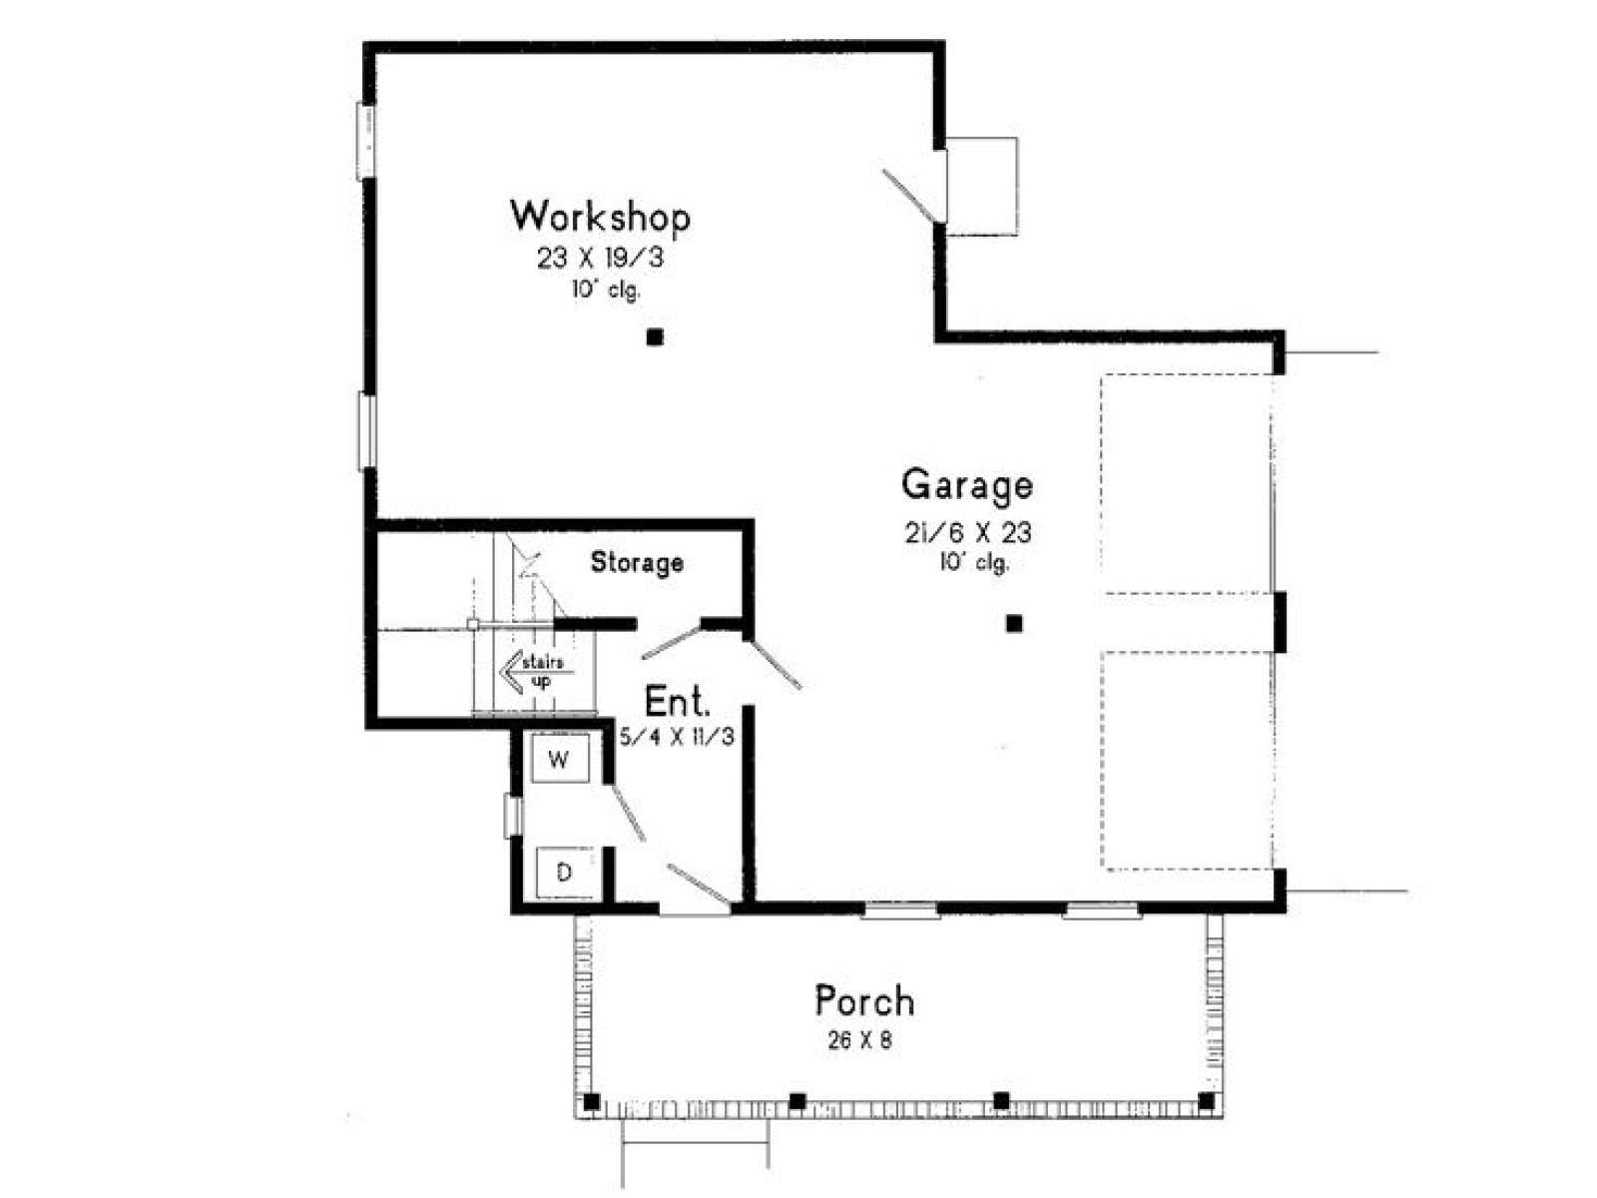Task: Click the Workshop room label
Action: pyautogui.click(x=600, y=217)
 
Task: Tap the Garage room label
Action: pyautogui.click(x=967, y=485)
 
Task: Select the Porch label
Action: pyautogui.click(x=864, y=1001)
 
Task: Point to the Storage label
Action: pyautogui.click(x=637, y=561)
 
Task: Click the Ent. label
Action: pyautogui.click(x=677, y=702)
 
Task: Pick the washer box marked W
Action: pyautogui.click(x=560, y=759)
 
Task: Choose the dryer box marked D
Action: pyautogui.click(x=564, y=873)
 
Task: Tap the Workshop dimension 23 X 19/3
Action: pyautogui.click(x=600, y=258)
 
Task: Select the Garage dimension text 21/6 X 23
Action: pyautogui.click(x=967, y=533)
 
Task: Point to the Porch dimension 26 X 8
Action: pyautogui.click(x=859, y=1041)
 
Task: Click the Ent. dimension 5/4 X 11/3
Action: pyautogui.click(x=677, y=737)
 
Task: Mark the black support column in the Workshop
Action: pyautogui.click(x=655, y=336)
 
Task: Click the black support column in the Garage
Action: pyautogui.click(x=1013, y=623)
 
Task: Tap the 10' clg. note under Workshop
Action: pyautogui.click(x=605, y=290)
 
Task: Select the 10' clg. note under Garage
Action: pyautogui.click(x=973, y=562)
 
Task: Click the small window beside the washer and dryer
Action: pyautogui.click(x=513, y=816)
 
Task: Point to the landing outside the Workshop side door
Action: pyautogui.click(x=981, y=187)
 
